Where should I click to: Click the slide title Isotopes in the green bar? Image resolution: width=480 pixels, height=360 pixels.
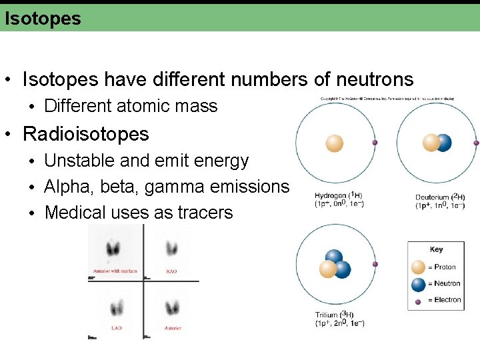pos(43,18)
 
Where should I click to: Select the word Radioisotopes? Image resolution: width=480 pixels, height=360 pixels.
pos(86,134)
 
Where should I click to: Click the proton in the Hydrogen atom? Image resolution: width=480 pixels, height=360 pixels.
pos(334,143)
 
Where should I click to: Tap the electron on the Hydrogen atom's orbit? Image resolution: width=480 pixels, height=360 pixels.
pos(375,143)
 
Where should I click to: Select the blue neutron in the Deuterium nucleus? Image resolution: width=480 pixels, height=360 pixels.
pos(443,143)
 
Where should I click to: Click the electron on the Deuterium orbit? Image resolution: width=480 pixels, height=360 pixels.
pos(476,143)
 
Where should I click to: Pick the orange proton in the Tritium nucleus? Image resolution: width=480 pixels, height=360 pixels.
pos(327,269)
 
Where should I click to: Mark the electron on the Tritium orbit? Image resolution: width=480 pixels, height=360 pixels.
pos(375,264)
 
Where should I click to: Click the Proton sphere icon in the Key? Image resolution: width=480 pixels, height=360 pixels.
pos(418,267)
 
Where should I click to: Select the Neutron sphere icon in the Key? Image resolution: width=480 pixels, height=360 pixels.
pos(418,284)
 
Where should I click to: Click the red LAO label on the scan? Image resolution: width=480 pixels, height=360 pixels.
pos(116,328)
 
